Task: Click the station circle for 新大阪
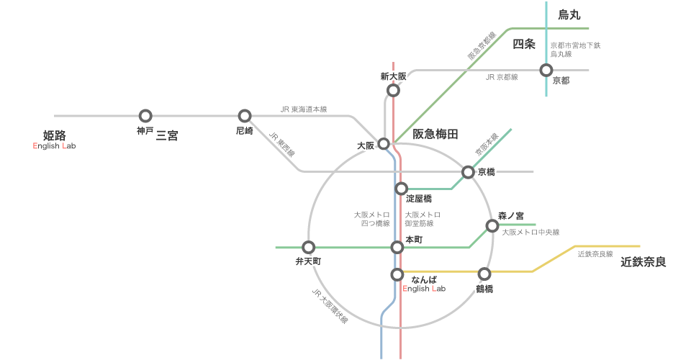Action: (393, 90)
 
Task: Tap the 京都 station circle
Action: (546, 70)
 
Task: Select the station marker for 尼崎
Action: (245, 116)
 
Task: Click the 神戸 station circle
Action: (145, 116)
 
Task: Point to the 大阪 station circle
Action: (384, 144)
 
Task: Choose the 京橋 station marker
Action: (468, 172)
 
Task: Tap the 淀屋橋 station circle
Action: (401, 189)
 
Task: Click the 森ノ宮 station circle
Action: (492, 226)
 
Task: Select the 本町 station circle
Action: (397, 247)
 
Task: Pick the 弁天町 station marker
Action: (309, 247)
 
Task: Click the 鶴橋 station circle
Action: (484, 274)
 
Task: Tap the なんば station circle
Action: (397, 275)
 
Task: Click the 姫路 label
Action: (55, 135)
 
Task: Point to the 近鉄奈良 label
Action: (643, 262)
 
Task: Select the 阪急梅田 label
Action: (435, 134)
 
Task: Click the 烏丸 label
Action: (569, 15)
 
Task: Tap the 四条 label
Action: (524, 44)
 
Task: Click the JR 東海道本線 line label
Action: (304, 109)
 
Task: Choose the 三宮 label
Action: (167, 135)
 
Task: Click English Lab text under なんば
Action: (424, 289)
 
